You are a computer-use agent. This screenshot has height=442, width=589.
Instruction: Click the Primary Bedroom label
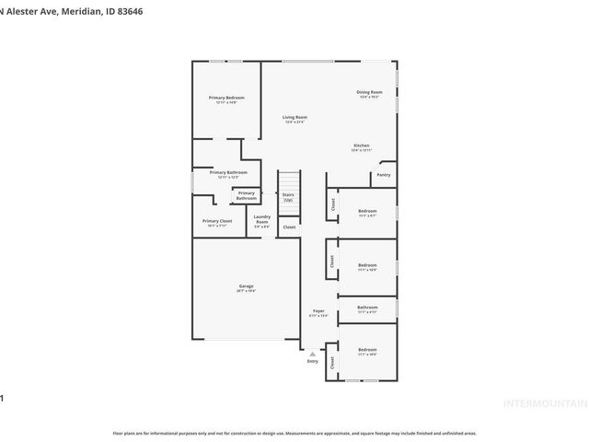click(225, 98)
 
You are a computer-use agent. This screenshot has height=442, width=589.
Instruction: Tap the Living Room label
click(294, 117)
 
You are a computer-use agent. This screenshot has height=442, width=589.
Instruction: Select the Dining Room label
click(368, 92)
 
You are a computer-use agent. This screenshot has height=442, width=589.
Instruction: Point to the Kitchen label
click(362, 146)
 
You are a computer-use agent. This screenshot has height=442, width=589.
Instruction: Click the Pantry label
click(383, 174)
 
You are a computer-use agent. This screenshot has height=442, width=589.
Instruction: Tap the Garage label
click(246, 286)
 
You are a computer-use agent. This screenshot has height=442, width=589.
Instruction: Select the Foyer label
click(318, 311)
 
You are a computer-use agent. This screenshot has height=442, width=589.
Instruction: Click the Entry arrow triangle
click(312, 353)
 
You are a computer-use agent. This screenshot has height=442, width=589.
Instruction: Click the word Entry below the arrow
click(312, 361)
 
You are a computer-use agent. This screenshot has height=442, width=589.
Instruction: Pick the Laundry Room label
click(261, 218)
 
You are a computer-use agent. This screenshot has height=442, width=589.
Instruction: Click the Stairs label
click(288, 195)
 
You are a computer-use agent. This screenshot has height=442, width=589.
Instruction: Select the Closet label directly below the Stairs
click(289, 227)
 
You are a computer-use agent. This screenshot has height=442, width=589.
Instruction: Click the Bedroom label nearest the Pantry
click(367, 211)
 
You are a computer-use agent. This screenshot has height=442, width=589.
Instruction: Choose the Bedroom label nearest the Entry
click(367, 349)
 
